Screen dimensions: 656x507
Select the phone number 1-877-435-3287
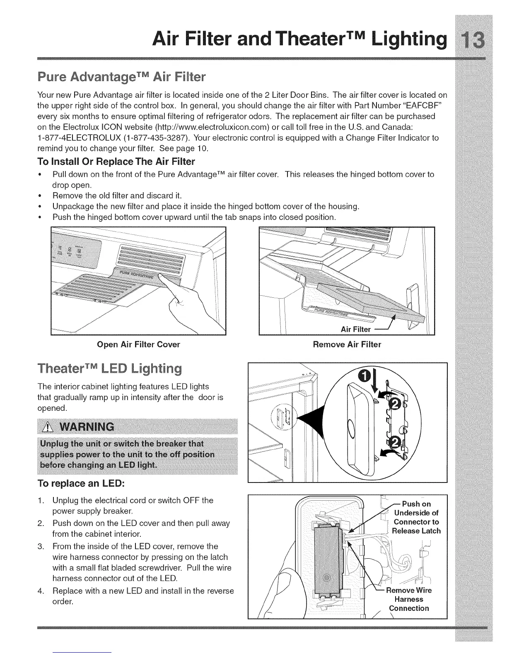159,137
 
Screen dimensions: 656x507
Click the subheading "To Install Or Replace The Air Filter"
116,161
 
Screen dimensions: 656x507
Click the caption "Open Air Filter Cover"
138,344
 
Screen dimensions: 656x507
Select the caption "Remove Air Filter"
347,344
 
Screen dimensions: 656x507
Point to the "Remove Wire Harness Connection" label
408,599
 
